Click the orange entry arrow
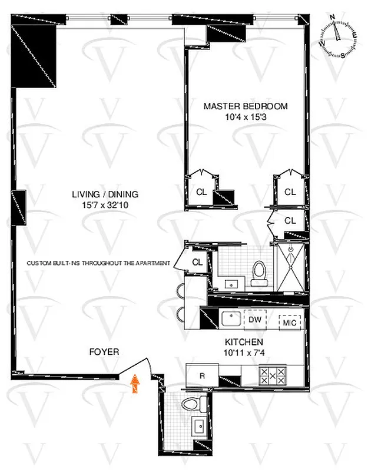click(x=135, y=384)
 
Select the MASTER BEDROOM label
click(x=246, y=106)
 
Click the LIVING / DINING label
click(x=104, y=194)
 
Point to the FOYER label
click(x=104, y=352)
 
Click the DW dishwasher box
click(x=254, y=320)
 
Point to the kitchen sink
click(x=228, y=320)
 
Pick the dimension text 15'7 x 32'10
click(x=104, y=205)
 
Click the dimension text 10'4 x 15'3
click(x=246, y=117)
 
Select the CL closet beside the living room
click(x=197, y=263)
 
